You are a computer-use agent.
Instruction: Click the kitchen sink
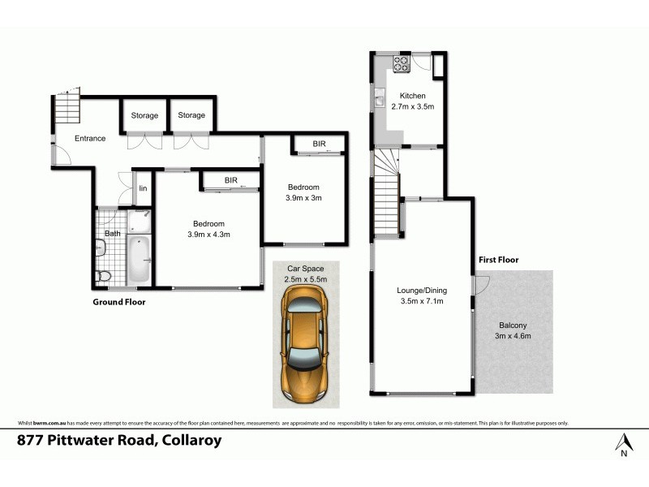[379, 101]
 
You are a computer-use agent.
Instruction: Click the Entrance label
[90, 138]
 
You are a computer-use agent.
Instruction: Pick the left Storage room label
[144, 115]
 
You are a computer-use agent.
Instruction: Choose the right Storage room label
[191, 115]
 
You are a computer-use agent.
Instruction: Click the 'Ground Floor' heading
[118, 301]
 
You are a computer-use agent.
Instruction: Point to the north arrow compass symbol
[623, 444]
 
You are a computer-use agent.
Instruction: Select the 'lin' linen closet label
[142, 188]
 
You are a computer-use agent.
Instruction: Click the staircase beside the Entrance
[68, 108]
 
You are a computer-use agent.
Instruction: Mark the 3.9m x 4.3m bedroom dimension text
[208, 235]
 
